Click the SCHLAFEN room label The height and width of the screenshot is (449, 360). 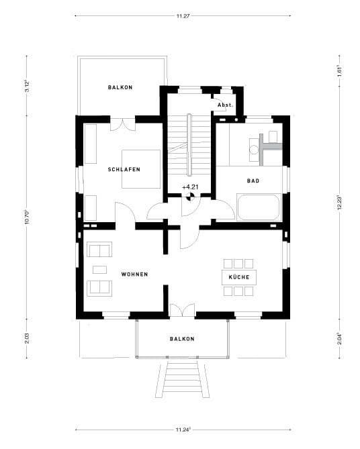click(124, 170)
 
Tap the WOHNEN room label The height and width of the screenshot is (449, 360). click(134, 275)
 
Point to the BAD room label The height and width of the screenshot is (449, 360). click(253, 181)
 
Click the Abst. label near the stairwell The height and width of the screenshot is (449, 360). click(225, 105)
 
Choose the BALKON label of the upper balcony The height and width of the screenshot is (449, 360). click(120, 88)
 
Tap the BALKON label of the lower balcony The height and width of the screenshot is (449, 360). click(182, 339)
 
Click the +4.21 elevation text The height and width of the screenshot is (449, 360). click(190, 187)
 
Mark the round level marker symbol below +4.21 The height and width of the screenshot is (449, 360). click(190, 197)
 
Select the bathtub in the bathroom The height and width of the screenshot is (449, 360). click(260, 207)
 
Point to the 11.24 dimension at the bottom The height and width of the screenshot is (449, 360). click(183, 428)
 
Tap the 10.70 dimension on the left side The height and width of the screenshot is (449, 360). click(27, 218)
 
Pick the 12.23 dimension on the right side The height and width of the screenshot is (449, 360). click(339, 201)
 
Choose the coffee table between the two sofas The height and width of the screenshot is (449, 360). click(100, 269)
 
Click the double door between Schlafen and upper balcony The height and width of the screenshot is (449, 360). click(122, 124)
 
